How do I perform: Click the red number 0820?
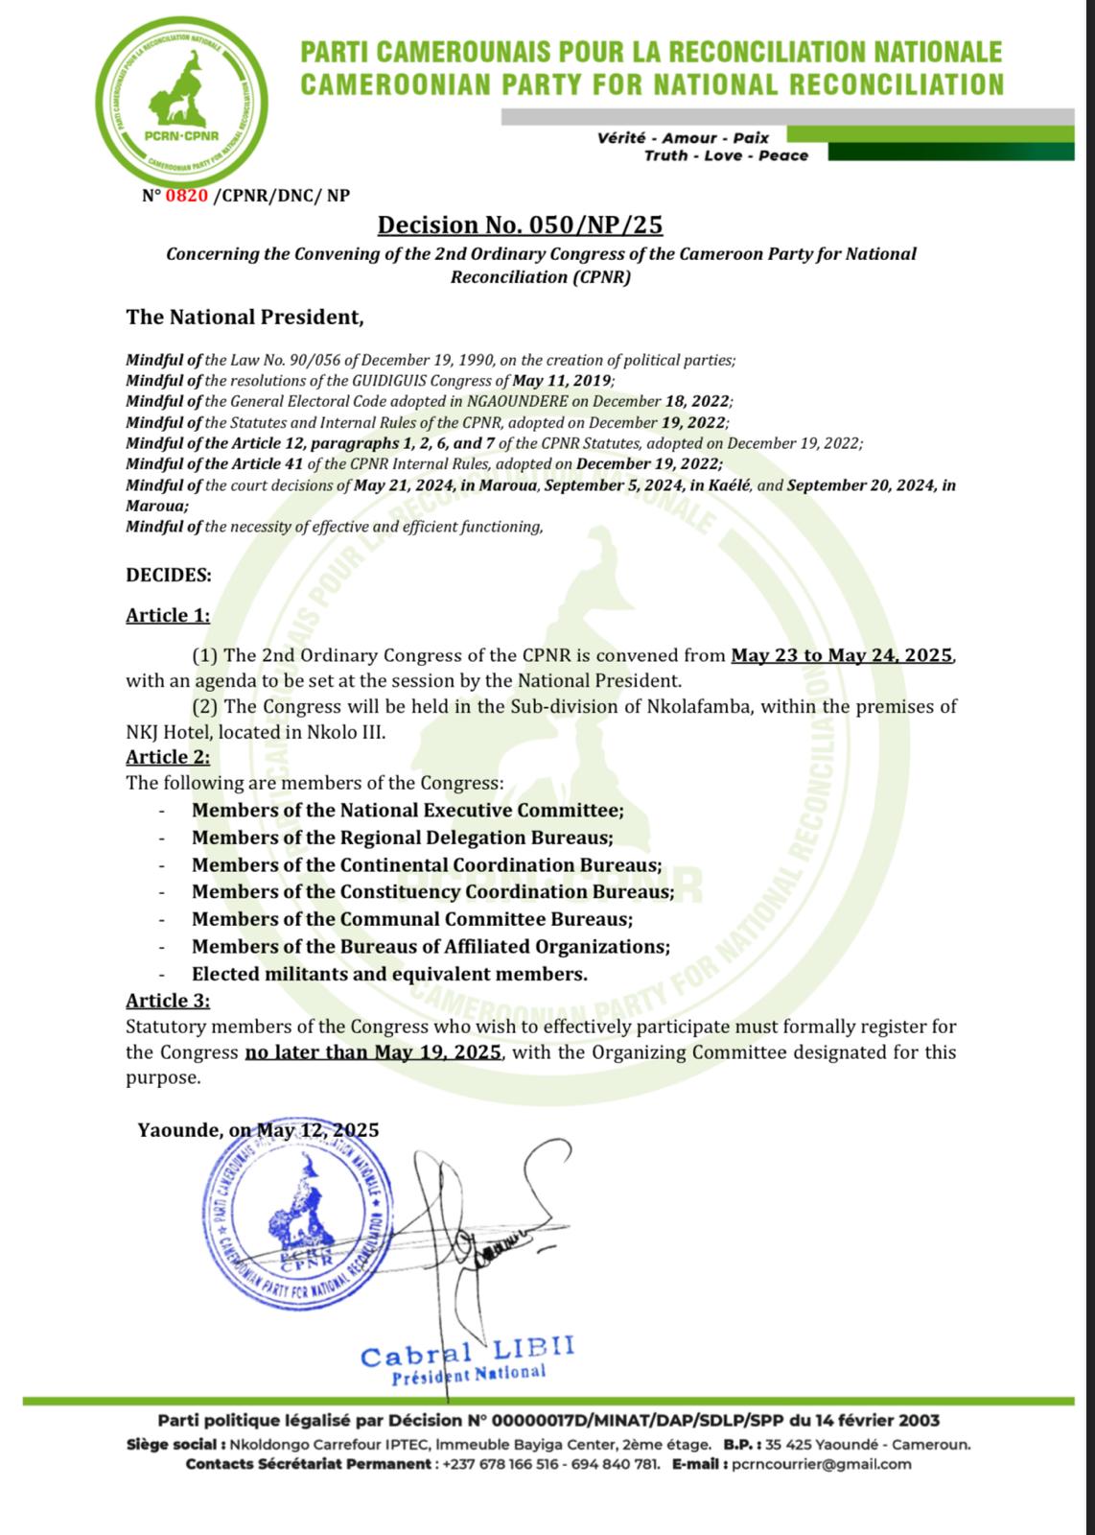click(187, 196)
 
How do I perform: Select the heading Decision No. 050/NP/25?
click(520, 224)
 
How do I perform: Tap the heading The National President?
click(245, 317)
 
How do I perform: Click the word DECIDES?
click(169, 575)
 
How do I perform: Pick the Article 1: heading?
click(168, 616)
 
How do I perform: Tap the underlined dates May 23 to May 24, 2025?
click(842, 656)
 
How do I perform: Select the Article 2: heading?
click(168, 757)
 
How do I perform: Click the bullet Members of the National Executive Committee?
click(408, 810)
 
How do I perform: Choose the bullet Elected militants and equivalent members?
click(389, 974)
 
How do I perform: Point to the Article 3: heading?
click(168, 1001)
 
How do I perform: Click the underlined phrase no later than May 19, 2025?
click(373, 1051)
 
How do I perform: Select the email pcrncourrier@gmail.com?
click(820, 1464)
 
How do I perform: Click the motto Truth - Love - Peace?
click(726, 155)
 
